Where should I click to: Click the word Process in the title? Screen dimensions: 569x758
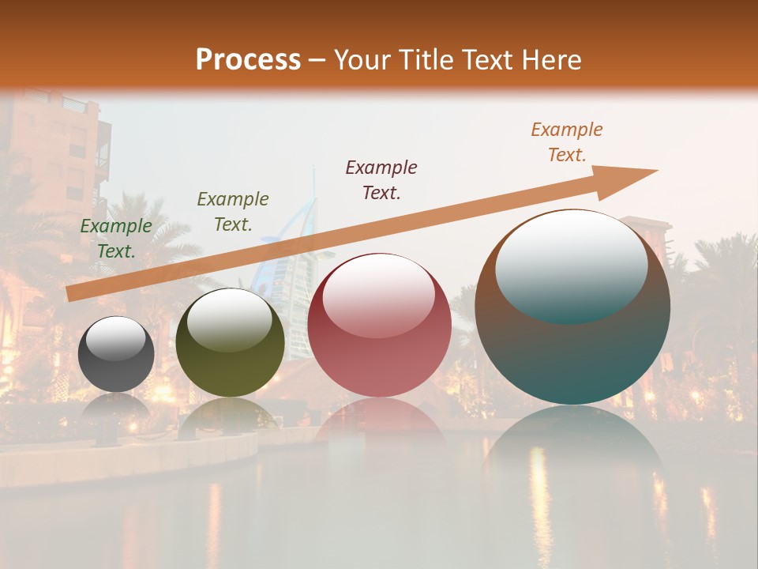pos(248,59)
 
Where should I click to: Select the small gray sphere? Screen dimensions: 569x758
pos(116,354)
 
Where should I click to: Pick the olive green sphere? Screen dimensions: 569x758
pos(230,343)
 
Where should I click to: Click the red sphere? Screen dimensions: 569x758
pos(380,326)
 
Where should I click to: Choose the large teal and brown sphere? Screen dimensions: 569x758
pos(572,307)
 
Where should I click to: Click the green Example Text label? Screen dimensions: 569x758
pos(116,239)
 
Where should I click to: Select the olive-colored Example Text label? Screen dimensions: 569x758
pos(232,212)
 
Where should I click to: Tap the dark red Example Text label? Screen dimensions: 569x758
pos(381,179)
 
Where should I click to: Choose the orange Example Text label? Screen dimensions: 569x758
pos(566,142)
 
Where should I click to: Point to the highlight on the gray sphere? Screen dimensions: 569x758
pos(116,337)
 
